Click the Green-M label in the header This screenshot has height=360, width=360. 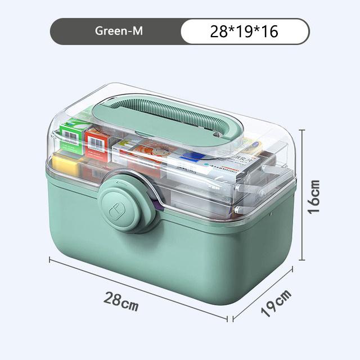118,31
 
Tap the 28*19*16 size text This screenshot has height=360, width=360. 244,31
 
